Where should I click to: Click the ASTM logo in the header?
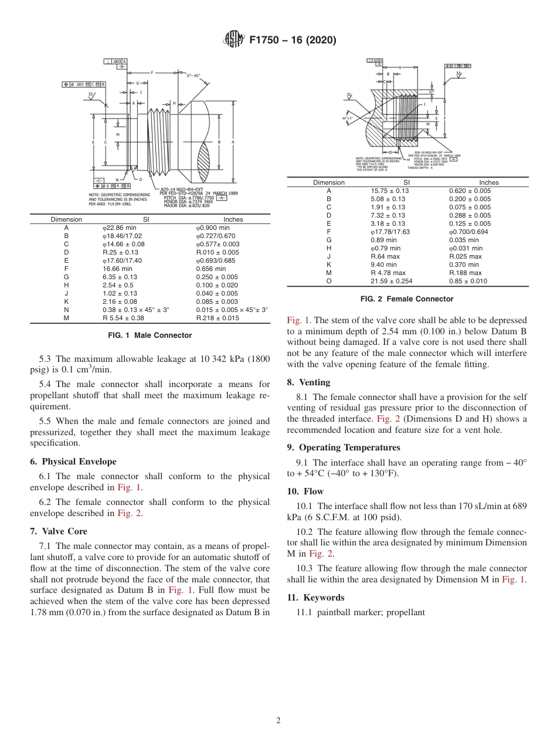[235, 40]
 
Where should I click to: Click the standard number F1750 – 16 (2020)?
[293, 40]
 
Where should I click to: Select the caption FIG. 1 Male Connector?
[150, 335]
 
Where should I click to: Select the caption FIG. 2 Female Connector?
[407, 299]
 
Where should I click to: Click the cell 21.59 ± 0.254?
[392, 281]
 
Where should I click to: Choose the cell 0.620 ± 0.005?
[470, 191]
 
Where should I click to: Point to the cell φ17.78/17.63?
[390, 232]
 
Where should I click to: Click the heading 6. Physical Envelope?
[73, 462]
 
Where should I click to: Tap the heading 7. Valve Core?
[58, 531]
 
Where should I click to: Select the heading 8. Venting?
[308, 382]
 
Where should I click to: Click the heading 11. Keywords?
[315, 598]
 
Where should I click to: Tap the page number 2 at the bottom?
[278, 721]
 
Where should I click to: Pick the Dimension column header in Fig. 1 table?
[66, 219]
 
